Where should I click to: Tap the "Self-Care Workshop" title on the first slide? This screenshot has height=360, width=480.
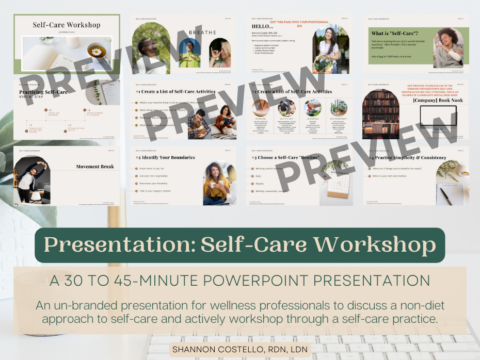[x=66, y=25]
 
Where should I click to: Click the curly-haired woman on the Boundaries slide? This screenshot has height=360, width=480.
[x=214, y=181]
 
